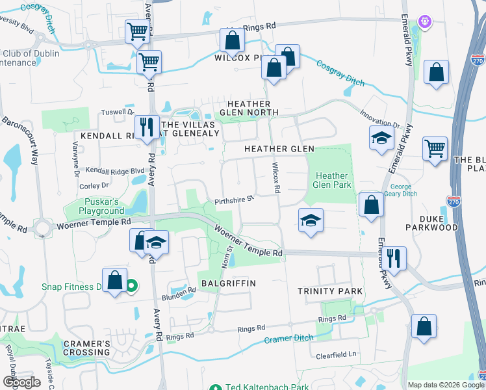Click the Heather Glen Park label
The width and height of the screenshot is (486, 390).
click(332, 180)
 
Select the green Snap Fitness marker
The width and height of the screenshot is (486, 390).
click(131, 285)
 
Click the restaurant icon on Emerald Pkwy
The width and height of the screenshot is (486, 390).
click(396, 257)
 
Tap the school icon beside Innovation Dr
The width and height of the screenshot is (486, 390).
click(381, 138)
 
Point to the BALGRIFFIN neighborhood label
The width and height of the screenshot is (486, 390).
click(228, 283)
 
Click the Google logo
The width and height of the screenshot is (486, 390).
click(21, 382)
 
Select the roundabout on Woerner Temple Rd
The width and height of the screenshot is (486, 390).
click(44, 228)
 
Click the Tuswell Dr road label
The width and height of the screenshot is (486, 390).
click(117, 112)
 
